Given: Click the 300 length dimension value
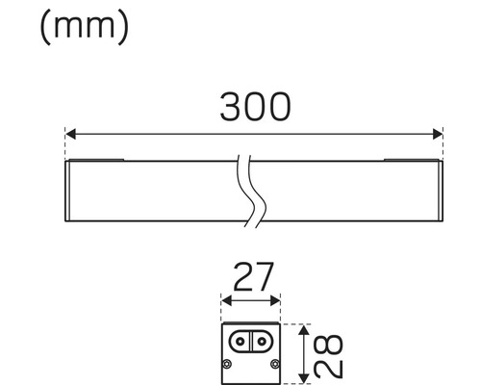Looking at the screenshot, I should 254,108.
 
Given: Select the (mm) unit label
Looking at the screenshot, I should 84,26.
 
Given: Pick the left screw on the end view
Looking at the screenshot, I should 227,363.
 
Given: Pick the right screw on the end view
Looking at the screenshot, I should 275,363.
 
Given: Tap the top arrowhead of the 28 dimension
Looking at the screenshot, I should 305,329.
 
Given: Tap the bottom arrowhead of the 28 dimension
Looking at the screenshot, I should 305,373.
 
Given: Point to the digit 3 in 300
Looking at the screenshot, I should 232,108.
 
